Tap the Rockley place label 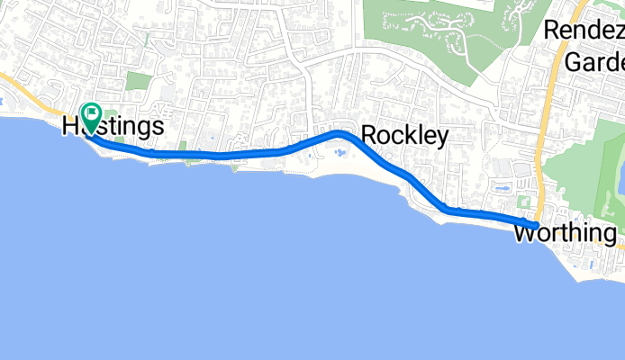(404, 136)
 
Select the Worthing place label (565, 234)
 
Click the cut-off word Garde (594, 62)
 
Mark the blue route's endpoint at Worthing (536, 225)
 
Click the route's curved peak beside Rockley (339, 133)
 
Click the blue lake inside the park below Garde (620, 184)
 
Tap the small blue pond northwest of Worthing (503, 188)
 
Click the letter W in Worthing (524, 234)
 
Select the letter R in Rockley (367, 136)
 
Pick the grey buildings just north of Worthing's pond (521, 169)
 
